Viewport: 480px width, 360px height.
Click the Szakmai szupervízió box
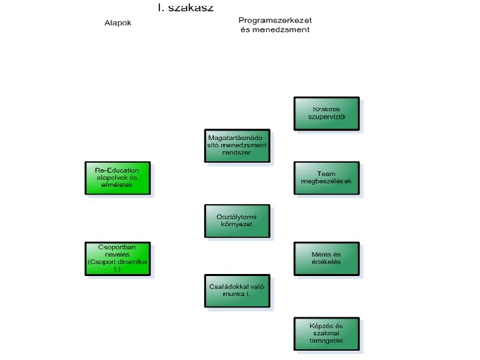327,113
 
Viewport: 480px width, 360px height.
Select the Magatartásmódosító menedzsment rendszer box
237,146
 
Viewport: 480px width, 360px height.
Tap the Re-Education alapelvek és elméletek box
119,178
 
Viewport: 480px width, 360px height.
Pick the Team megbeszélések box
327,178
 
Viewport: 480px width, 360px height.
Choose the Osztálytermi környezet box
237,221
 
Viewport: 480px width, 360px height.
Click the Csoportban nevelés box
119,259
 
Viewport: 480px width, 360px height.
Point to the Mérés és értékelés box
327,258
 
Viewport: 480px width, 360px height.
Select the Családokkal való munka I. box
237,291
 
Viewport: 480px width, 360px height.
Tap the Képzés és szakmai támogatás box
327,334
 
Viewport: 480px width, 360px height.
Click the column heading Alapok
118,23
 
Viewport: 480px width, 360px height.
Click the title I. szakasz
186,7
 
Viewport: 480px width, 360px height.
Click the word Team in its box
327,173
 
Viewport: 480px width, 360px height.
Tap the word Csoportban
117,247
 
